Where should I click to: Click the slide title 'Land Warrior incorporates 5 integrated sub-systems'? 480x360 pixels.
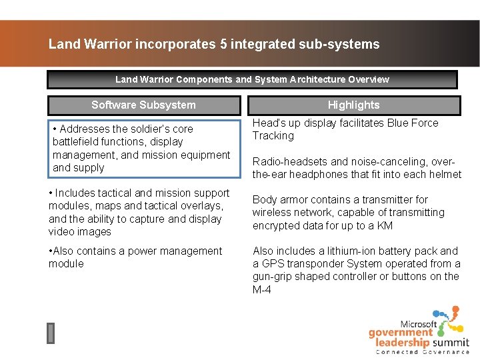(214, 45)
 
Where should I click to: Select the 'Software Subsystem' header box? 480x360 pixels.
(143, 105)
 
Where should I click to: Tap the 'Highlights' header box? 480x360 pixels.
(353, 105)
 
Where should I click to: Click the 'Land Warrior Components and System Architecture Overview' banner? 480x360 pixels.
(252, 79)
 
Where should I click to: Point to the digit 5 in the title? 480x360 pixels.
(222, 45)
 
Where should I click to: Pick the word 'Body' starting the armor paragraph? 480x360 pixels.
(264, 199)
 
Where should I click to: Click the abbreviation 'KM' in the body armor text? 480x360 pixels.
(386, 225)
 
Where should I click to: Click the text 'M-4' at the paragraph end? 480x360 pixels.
(262, 289)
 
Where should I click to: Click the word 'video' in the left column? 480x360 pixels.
(62, 231)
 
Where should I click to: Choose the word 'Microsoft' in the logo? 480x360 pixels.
(419, 324)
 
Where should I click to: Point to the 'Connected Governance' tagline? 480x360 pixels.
(423, 352)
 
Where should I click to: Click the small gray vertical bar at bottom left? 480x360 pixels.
(51, 333)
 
